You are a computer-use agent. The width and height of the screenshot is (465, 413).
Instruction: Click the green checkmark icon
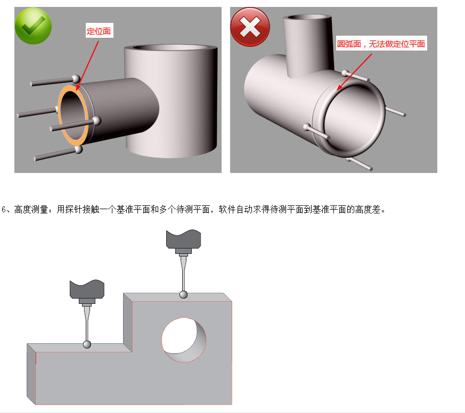coord(33,26)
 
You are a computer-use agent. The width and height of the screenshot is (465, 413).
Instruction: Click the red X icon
coord(250,27)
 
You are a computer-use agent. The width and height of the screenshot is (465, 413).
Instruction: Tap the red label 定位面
coord(99,31)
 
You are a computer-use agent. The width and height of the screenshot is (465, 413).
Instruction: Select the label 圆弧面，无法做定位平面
coord(381,44)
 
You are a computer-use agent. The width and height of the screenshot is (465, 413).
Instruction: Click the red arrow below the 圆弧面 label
coord(354,72)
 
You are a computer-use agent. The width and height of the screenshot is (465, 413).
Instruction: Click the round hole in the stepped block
coord(184,340)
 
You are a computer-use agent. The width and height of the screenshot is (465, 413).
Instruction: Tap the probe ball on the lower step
coord(87,344)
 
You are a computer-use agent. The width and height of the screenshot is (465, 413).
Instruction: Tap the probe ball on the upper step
coord(184,294)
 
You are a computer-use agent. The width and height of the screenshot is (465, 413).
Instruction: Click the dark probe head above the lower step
coord(87,289)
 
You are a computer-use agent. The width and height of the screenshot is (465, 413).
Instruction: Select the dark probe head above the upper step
coord(184,239)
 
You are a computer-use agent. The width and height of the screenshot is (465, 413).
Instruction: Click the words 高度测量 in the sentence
coord(31,210)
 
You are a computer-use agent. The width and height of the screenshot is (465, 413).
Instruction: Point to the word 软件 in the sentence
coord(227,210)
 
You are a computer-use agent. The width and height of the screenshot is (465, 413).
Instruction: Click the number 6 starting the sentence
coord(4,210)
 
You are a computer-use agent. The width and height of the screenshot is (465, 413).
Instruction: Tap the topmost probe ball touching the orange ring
coord(76,79)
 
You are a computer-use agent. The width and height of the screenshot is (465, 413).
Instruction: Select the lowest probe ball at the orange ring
coord(79,149)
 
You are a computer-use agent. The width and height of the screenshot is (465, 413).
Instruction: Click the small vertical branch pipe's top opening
coord(307,17)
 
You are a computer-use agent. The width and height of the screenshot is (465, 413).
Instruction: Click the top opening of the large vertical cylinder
coord(170,48)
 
